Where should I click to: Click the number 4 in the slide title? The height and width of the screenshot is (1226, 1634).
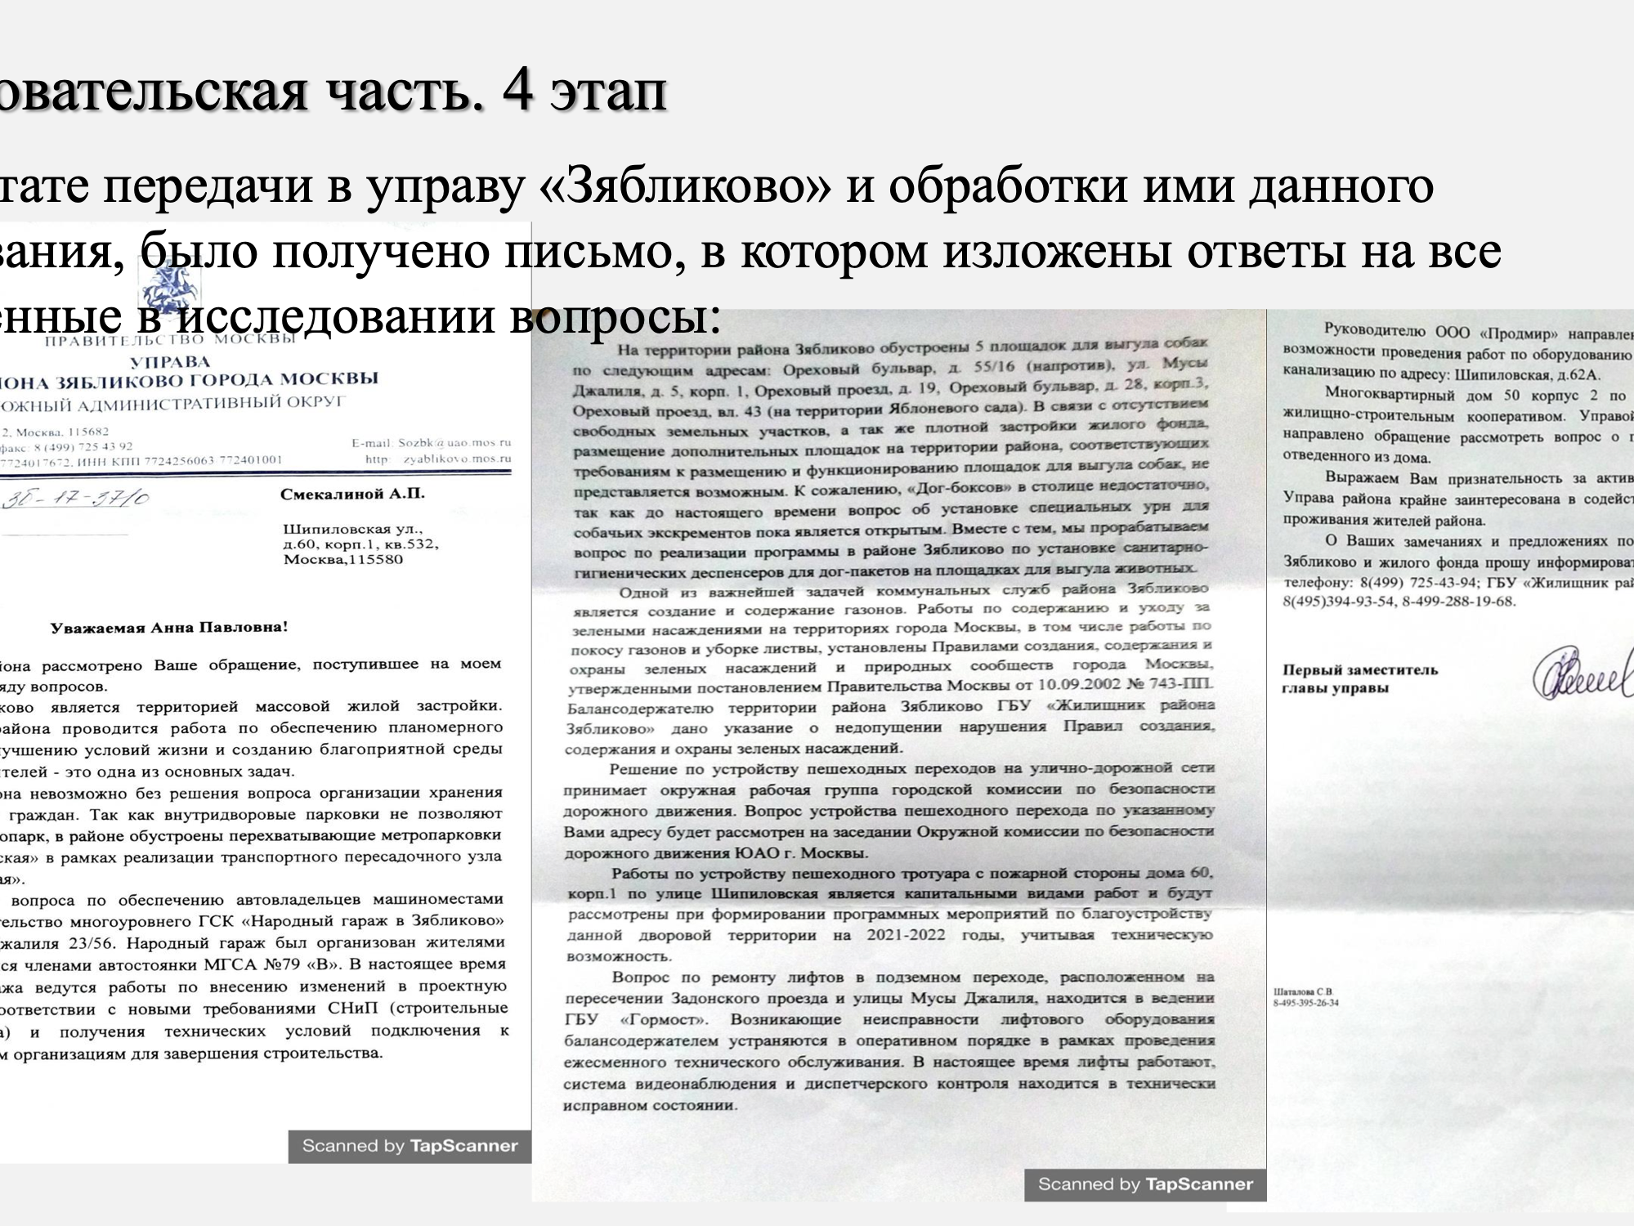(x=518, y=92)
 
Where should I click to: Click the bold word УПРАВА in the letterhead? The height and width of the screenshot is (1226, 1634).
(x=169, y=361)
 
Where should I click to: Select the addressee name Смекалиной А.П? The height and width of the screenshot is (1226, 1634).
(x=352, y=494)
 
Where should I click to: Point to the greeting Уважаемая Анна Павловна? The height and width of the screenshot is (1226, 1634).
(x=169, y=628)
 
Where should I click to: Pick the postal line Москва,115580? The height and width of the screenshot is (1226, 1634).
(x=343, y=560)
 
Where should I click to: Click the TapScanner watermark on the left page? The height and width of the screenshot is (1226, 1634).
(x=410, y=1146)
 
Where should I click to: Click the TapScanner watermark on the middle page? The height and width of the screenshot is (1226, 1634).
(x=1145, y=1183)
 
